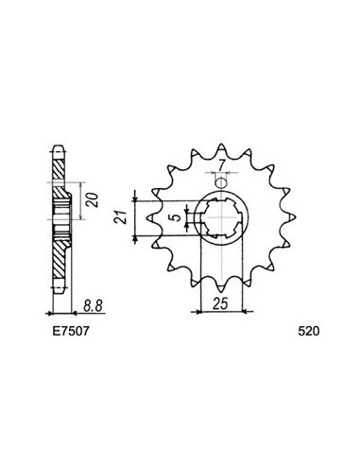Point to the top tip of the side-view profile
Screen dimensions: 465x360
[59, 149]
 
